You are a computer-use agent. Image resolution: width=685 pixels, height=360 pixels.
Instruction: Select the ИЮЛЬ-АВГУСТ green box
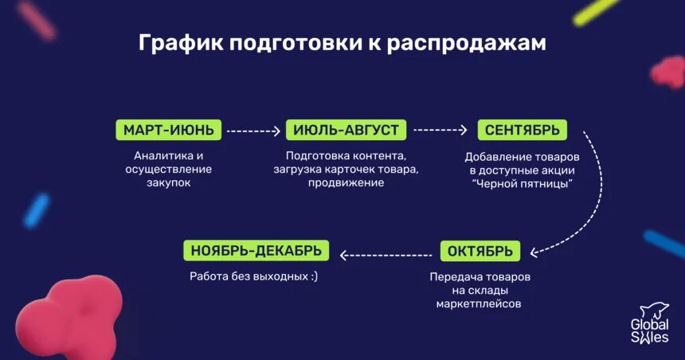346,130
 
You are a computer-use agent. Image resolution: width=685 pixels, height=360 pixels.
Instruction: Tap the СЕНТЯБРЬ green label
522,130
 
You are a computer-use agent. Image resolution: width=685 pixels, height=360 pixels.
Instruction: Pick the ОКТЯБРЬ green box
479,252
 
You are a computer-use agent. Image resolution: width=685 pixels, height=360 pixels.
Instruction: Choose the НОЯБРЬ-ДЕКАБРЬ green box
256,252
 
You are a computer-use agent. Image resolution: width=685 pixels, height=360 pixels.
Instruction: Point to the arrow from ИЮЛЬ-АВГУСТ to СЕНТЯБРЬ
440,131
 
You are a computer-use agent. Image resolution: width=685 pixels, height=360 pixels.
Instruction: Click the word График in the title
180,44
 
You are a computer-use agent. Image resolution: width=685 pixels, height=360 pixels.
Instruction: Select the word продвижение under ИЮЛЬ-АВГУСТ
346,182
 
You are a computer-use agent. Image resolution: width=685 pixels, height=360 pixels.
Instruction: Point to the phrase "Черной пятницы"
523,184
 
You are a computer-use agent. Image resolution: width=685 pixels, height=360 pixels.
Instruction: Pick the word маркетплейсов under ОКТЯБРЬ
479,304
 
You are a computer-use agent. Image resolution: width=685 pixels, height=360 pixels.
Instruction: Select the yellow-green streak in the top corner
597,12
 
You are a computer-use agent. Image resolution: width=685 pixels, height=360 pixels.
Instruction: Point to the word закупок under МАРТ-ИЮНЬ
169,182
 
